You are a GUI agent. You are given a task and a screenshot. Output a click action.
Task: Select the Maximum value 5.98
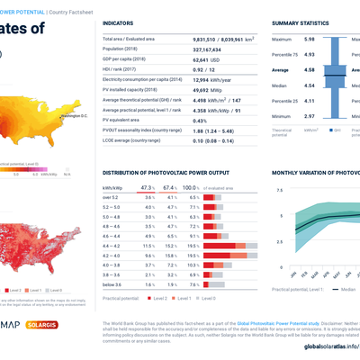pyautogui.click(x=308, y=40)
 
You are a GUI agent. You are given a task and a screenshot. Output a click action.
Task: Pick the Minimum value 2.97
pyautogui.click(x=308, y=116)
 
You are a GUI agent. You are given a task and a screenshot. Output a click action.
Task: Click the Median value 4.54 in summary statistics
pyautogui.click(x=308, y=86)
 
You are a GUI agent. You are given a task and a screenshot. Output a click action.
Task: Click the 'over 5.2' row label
pyautogui.click(x=112, y=195)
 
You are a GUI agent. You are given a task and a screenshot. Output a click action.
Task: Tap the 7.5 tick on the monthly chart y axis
pyautogui.click(x=279, y=191)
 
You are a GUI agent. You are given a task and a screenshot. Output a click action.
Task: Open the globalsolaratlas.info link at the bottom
pyautogui.click(x=330, y=346)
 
